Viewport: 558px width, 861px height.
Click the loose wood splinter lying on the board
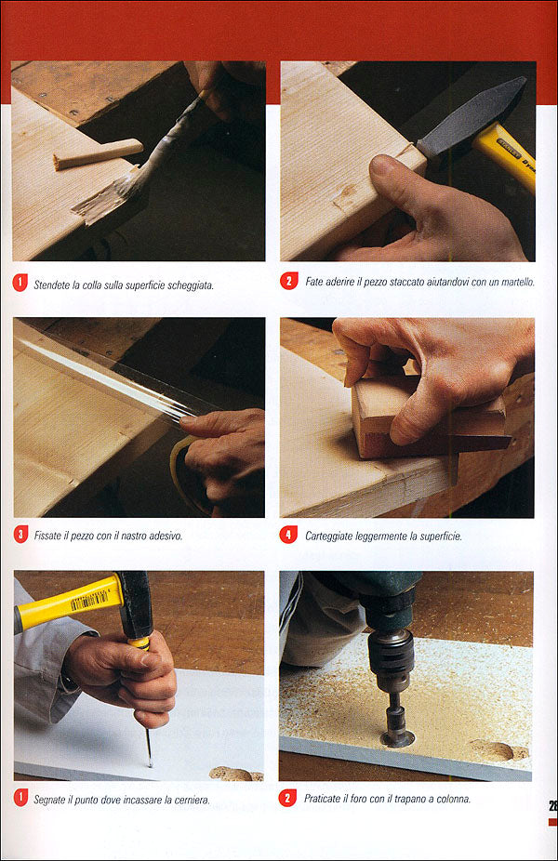98,154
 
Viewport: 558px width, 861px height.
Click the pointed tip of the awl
149,762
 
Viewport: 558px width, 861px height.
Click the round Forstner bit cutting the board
398,735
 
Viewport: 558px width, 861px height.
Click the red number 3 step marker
21,535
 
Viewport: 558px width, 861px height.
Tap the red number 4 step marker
288,536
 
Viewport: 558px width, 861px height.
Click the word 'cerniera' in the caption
190,799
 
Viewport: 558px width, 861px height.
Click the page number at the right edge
551,805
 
